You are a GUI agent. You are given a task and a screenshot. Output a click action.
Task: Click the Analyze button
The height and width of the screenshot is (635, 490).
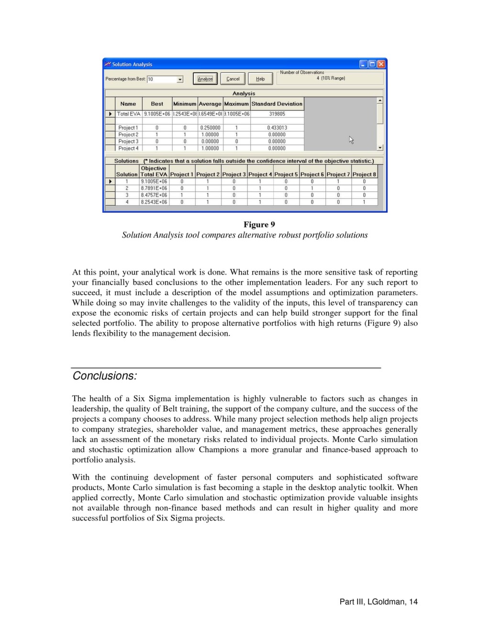(205, 79)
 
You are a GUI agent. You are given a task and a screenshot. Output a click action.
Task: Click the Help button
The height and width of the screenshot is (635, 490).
(260, 79)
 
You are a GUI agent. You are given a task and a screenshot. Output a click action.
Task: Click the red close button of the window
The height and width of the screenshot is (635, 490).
(381, 64)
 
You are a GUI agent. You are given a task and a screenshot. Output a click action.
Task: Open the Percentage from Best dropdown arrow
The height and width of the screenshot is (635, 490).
(180, 79)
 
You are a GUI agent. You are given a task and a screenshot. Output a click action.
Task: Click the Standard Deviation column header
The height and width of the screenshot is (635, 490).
(277, 104)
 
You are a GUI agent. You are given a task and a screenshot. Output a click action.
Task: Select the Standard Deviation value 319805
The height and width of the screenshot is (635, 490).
(277, 114)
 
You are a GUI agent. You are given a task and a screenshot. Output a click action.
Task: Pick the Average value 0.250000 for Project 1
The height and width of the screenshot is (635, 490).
(210, 128)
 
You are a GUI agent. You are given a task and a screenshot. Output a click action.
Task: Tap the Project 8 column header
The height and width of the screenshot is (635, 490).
(364, 174)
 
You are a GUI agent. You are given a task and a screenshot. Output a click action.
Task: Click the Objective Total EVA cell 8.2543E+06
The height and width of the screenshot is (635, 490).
(154, 202)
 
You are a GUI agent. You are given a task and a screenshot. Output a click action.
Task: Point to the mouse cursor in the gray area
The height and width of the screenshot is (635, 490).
(351, 139)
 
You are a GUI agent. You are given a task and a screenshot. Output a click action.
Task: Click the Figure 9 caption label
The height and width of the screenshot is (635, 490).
(259, 224)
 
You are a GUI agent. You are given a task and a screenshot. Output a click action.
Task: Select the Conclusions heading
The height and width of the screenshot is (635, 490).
(105, 376)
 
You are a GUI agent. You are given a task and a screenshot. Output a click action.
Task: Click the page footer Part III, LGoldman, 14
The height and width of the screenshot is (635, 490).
(378, 601)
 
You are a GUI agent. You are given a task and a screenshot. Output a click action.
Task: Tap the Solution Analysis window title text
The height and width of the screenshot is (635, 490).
(132, 64)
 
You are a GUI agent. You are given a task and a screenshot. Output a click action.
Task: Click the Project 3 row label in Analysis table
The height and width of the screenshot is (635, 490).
(128, 141)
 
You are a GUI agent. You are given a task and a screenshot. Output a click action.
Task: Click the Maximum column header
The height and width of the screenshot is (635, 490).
(236, 104)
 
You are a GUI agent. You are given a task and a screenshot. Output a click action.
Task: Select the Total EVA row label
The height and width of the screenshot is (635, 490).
(128, 114)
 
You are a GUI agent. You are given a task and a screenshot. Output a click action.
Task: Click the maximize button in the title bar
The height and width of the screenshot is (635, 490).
(372, 64)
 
